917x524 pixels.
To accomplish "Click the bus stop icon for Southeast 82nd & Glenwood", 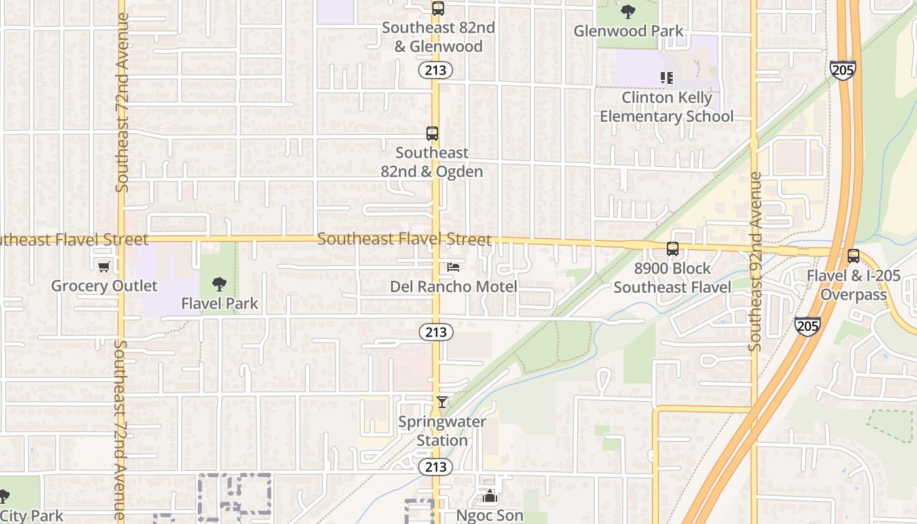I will pos(438,8).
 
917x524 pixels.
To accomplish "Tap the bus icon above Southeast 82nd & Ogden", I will pos(432,134).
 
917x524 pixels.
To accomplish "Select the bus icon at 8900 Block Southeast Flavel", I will pos(672,249).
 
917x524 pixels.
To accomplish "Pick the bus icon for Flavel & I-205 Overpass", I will pos(853,256).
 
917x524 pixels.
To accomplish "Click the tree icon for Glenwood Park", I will pos(627,11).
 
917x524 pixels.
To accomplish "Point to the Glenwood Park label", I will pos(628,31).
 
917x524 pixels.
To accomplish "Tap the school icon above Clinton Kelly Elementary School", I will pos(667,78).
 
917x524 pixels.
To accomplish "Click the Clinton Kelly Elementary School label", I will pos(667,107).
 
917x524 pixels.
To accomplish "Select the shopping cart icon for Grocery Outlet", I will pos(103,267).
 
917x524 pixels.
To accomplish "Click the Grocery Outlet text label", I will pos(104,286).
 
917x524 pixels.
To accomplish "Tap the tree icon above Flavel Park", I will pos(219,284).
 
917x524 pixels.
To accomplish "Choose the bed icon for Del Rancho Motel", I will pos(453,267).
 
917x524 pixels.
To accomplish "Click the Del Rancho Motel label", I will pos(453,287).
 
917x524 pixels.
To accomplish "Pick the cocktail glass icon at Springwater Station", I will pos(442,402).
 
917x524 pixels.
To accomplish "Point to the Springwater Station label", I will pos(442,431).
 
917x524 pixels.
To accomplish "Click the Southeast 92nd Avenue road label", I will pos(755,261).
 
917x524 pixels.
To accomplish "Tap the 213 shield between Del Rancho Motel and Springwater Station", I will pos(436,332).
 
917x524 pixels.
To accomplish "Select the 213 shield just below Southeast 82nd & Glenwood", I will pos(436,69).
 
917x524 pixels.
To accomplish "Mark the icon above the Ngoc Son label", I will pos(490,496).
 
